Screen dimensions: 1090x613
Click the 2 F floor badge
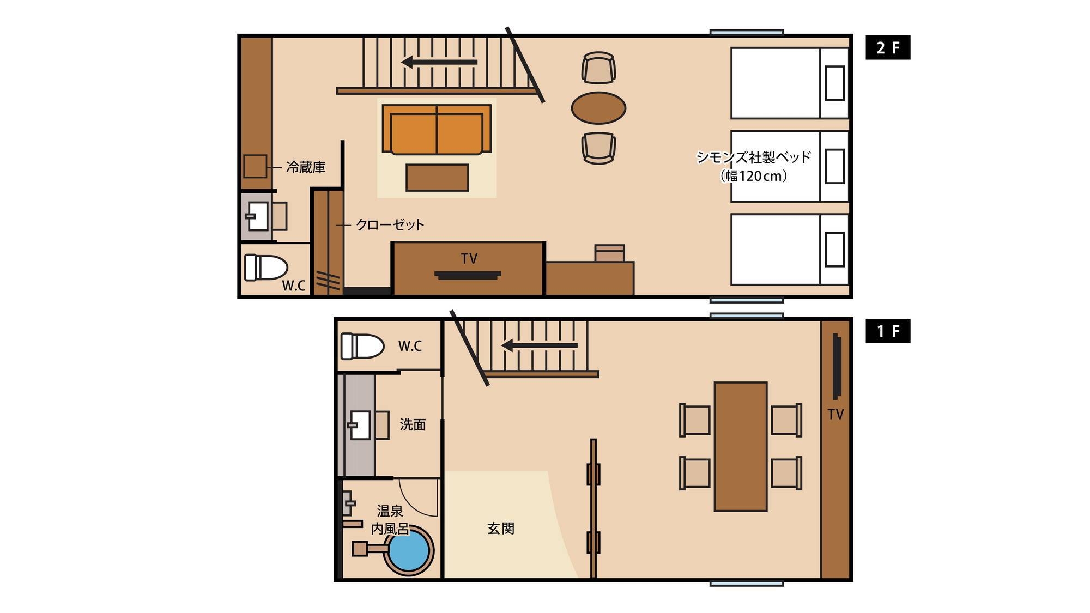pyautogui.click(x=888, y=48)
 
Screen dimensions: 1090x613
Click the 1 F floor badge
pyautogui.click(x=888, y=331)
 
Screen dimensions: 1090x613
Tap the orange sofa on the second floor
pyautogui.click(x=437, y=130)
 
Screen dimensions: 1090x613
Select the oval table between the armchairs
pyautogui.click(x=598, y=108)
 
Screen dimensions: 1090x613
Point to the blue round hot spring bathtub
pyautogui.click(x=409, y=549)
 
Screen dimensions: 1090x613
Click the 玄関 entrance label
pyautogui.click(x=501, y=528)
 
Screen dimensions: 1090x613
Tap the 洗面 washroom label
pyautogui.click(x=413, y=424)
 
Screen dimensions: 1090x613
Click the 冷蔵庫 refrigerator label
pyautogui.click(x=306, y=167)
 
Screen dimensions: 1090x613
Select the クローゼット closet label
pyautogui.click(x=390, y=224)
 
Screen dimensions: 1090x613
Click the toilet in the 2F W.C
pyautogui.click(x=266, y=268)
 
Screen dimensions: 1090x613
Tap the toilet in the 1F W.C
pyautogui.click(x=362, y=346)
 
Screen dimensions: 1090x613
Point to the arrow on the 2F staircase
pyautogui.click(x=439, y=62)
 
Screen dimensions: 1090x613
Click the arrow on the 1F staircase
pyautogui.click(x=539, y=345)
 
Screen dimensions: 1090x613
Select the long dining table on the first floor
pyautogui.click(x=741, y=446)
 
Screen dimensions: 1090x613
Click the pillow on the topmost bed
pyautogui.click(x=835, y=83)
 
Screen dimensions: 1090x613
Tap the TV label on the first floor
pyautogui.click(x=835, y=415)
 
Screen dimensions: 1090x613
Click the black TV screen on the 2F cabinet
pyautogui.click(x=468, y=275)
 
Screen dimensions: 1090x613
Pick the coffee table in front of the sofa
pyautogui.click(x=437, y=178)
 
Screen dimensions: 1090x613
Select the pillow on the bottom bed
pyautogui.click(x=835, y=250)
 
